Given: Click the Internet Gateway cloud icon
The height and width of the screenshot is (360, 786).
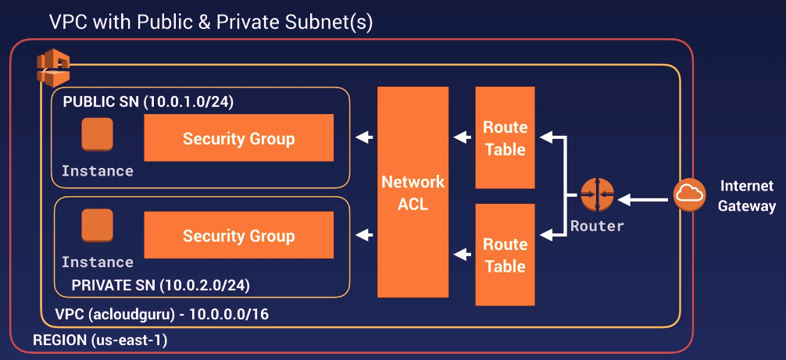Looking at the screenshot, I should (x=689, y=194).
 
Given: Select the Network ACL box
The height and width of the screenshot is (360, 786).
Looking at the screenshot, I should (x=413, y=192).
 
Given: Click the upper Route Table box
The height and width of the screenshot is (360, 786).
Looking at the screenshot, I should (x=505, y=137).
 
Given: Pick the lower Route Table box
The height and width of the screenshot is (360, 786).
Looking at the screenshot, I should (x=505, y=255).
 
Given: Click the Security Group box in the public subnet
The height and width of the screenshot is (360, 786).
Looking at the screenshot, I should (x=238, y=138).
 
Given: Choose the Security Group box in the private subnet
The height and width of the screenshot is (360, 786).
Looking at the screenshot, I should (x=238, y=235).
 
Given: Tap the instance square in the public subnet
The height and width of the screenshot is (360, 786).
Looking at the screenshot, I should (x=98, y=134).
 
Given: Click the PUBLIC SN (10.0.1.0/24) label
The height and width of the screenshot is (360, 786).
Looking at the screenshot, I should (x=148, y=102).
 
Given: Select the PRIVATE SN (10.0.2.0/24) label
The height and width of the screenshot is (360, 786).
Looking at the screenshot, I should (x=160, y=285).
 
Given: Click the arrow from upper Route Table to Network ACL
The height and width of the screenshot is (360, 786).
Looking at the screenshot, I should (x=461, y=138).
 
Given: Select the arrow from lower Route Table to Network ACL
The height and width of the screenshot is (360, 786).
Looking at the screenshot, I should (x=461, y=254).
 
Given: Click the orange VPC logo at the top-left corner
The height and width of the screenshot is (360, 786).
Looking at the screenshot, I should (x=54, y=70).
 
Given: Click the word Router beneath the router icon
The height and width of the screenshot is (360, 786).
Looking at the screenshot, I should (x=597, y=226).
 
